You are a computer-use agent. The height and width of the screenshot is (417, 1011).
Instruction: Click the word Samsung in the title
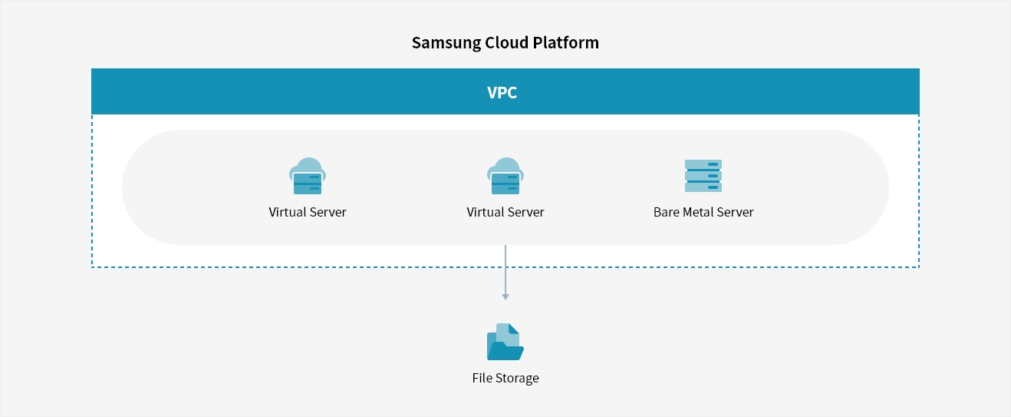[x=446, y=43]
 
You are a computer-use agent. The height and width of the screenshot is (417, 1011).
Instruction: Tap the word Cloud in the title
[x=506, y=42]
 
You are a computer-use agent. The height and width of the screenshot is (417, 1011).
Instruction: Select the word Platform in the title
[x=565, y=42]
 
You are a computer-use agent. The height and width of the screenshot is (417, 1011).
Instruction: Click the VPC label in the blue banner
[x=502, y=93]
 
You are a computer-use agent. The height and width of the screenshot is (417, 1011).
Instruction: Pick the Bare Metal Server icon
[x=703, y=176]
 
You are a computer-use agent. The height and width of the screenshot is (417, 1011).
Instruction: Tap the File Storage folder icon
[x=505, y=342]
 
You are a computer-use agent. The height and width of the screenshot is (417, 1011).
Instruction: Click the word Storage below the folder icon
[x=516, y=378]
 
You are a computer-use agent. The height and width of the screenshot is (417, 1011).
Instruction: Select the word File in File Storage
[x=482, y=378]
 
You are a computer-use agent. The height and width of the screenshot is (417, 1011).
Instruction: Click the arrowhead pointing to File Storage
[x=505, y=297]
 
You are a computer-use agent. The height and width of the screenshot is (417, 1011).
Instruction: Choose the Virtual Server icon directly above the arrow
[x=505, y=176]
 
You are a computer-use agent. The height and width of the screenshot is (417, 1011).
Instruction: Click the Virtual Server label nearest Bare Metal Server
[x=505, y=212]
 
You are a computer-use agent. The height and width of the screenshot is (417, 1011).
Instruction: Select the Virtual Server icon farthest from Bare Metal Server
[x=308, y=176]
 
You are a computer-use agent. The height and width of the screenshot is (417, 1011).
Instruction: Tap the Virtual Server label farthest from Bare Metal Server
[x=308, y=212]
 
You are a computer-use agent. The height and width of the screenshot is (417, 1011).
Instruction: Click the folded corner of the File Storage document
[x=514, y=329]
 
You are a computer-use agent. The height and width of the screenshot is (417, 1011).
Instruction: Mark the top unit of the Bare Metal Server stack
[x=703, y=164]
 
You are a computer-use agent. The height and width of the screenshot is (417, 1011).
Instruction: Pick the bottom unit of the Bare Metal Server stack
[x=703, y=187]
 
